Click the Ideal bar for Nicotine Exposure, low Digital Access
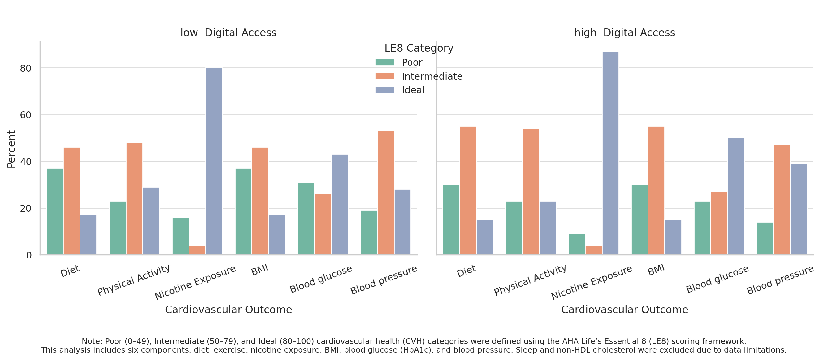(214, 162)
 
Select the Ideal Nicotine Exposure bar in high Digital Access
(610, 153)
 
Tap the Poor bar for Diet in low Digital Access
(55, 211)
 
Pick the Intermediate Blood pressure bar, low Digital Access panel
(385, 193)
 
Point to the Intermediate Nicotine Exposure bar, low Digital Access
(197, 250)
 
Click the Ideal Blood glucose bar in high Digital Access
(736, 197)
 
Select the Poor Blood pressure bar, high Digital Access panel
(765, 238)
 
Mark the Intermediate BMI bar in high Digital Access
(656, 191)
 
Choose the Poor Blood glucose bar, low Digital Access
(306, 219)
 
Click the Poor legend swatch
(384, 63)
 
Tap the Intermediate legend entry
(432, 76)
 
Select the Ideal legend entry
(413, 90)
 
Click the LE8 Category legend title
(419, 48)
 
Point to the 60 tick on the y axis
(26, 115)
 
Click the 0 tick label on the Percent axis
(29, 255)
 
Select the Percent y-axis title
(11, 149)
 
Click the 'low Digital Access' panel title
(228, 33)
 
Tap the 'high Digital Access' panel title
(624, 33)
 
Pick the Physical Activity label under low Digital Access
(133, 280)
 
